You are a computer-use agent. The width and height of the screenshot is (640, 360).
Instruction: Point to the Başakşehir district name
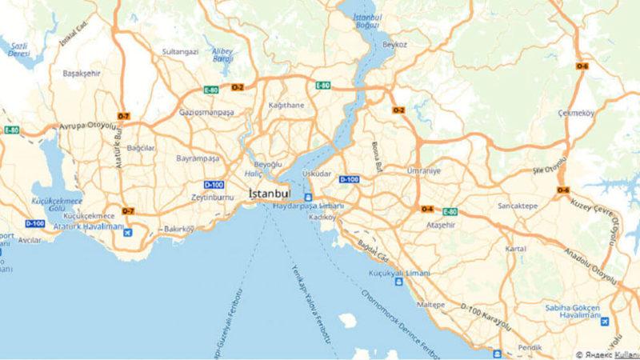pyautogui.click(x=82, y=73)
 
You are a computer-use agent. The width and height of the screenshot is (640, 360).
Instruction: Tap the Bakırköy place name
pyautogui.click(x=179, y=230)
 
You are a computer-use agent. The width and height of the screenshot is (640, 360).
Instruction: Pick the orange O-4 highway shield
pyautogui.click(x=427, y=210)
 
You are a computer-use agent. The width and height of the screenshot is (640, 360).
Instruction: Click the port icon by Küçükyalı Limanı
pyautogui.click(x=399, y=282)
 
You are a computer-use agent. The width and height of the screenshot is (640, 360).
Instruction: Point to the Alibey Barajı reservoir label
pyautogui.click(x=222, y=54)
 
